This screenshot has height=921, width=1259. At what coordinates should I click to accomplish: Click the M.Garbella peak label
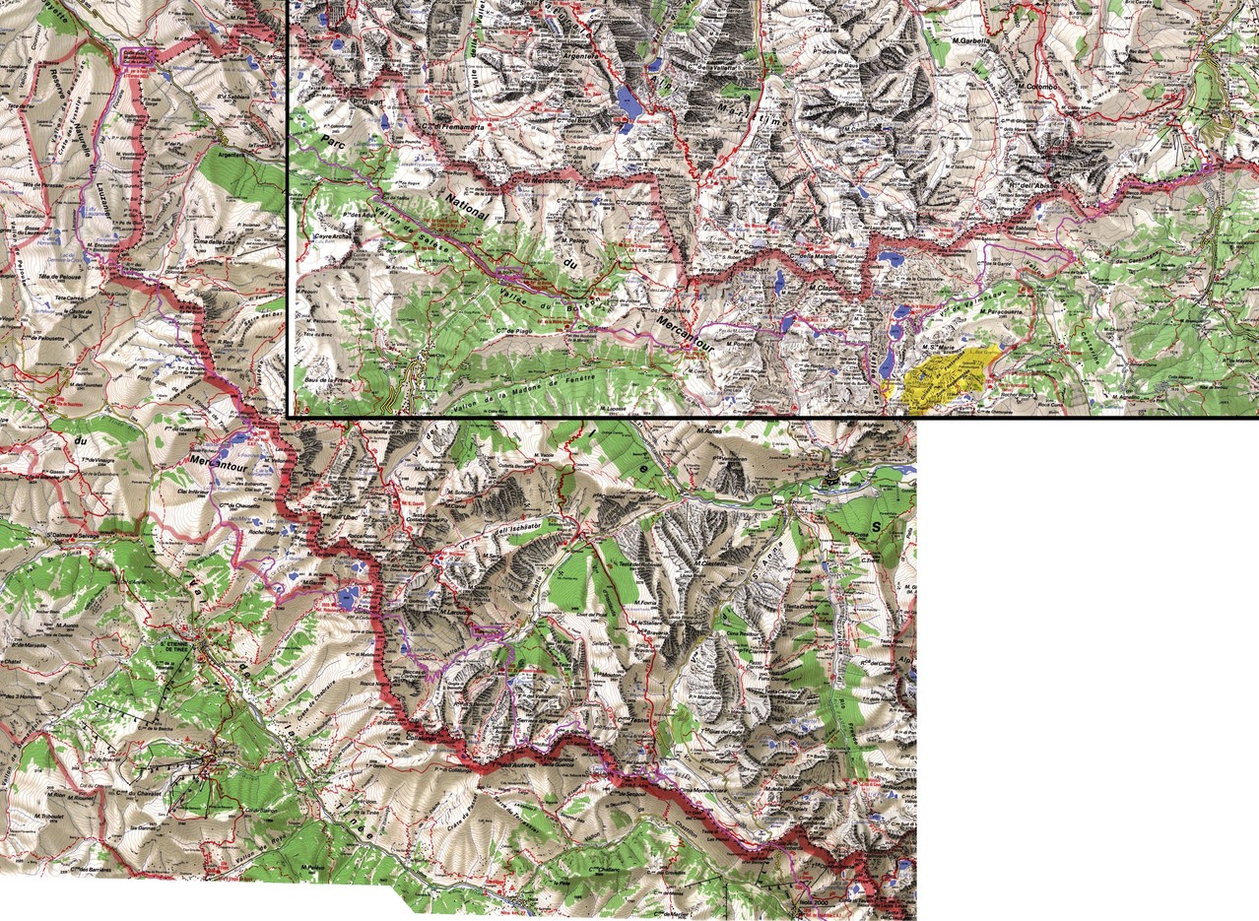click(x=970, y=40)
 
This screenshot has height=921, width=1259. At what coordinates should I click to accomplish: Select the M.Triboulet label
click(x=49, y=816)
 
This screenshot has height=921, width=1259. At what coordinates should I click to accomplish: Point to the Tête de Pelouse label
click(x=58, y=280)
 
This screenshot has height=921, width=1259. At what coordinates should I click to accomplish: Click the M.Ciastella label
click(x=709, y=562)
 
